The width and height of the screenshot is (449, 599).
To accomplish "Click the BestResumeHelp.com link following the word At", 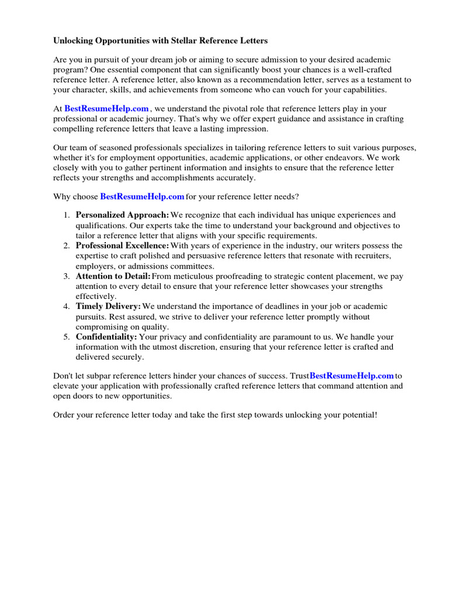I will click(106, 109).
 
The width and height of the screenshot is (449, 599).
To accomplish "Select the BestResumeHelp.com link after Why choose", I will click(142, 197).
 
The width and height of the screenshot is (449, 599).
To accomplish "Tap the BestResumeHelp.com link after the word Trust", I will click(351, 376).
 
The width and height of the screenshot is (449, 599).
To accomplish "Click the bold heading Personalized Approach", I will click(122, 215).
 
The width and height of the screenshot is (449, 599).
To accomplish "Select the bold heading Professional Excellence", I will click(122, 246).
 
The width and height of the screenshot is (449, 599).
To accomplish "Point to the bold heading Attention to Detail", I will click(113, 276).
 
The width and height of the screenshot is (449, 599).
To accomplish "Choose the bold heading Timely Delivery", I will click(108, 307).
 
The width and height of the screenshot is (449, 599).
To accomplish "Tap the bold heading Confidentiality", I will click(106, 337).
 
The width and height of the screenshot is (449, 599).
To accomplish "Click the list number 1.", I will click(66, 215).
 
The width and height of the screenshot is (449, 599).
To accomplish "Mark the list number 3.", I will click(66, 276).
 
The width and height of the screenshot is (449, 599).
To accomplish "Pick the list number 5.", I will click(66, 337).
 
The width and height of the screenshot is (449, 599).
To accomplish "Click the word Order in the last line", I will click(64, 415).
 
